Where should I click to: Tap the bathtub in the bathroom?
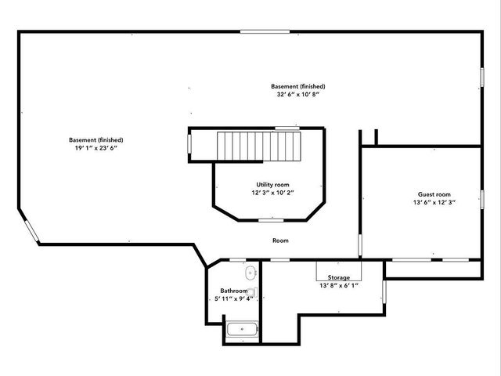(242, 330)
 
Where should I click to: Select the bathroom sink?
(250, 273)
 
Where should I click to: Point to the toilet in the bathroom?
(252, 293)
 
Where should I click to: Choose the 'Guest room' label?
(433, 194)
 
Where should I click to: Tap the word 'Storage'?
(339, 277)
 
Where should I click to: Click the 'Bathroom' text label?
(233, 291)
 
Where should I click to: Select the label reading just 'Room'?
(280, 240)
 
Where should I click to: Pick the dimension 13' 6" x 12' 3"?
(433, 202)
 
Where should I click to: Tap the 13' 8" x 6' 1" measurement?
(339, 286)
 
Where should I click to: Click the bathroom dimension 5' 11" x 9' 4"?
(234, 298)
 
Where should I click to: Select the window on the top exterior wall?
(269, 32)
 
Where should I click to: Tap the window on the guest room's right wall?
(481, 203)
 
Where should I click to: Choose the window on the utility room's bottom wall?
(271, 220)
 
